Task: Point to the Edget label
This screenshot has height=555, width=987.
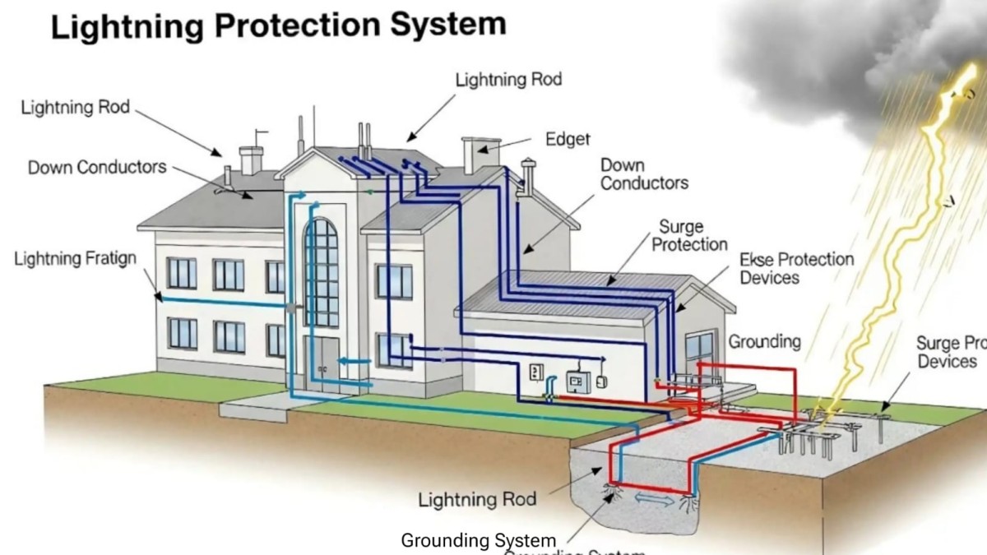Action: (568, 140)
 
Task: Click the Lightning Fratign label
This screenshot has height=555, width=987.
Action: (75, 260)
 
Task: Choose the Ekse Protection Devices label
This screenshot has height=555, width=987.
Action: (796, 269)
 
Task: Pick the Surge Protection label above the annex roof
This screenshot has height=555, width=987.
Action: (690, 235)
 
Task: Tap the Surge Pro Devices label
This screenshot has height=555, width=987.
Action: (951, 352)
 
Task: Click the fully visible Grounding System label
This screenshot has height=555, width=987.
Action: (478, 540)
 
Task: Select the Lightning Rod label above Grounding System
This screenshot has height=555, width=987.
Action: (477, 499)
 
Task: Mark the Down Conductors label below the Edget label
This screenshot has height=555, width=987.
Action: (644, 174)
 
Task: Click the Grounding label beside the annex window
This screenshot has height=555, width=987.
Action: (764, 341)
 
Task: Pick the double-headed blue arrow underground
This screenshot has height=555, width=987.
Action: (654, 500)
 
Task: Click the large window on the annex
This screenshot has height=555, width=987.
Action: (699, 354)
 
